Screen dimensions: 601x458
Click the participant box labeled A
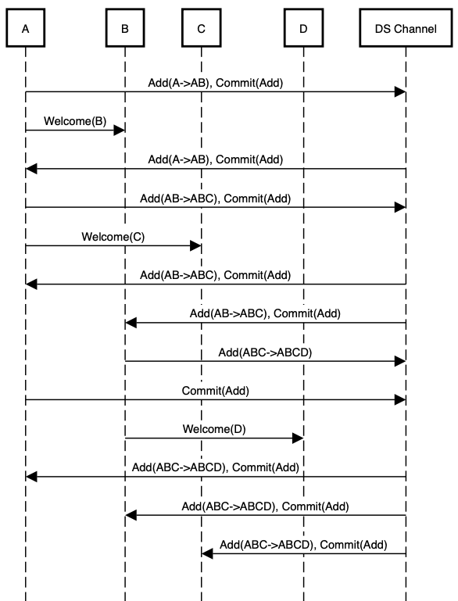26,29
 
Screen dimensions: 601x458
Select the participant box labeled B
125,29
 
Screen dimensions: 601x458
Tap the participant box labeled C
202,29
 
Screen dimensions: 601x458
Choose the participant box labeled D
303,29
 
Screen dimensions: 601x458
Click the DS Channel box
406,29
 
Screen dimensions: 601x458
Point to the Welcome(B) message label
74,122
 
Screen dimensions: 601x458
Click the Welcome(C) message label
113,237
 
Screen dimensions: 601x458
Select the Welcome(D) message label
213,429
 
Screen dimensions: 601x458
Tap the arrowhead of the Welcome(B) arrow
120,131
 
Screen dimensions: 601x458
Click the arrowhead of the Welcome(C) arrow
196,245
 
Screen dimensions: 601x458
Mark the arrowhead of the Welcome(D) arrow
298,438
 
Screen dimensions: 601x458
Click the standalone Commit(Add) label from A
215,390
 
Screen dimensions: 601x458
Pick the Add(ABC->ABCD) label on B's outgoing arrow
265,352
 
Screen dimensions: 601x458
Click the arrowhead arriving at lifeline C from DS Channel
207,553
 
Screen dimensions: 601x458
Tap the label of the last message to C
303,544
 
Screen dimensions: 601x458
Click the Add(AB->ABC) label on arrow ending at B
265,313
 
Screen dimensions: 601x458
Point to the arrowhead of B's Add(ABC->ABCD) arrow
400,362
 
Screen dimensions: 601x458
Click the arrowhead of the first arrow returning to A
31,169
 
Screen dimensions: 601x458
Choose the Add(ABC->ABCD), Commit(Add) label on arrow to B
265,506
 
